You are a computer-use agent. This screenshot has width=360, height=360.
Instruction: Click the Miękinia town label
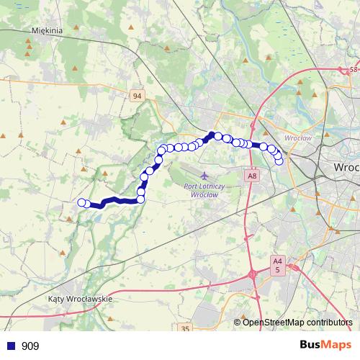click(x=48, y=31)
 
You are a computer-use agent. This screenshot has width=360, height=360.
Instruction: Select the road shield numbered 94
click(x=138, y=95)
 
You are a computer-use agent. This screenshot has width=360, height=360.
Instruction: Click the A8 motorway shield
click(x=251, y=176)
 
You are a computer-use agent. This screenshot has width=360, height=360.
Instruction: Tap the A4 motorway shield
click(x=278, y=261)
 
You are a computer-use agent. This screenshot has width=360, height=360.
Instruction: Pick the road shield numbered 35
click(x=185, y=328)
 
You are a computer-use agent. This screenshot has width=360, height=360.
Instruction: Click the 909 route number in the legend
click(x=30, y=346)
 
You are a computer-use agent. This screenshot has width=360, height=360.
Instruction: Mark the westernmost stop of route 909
click(x=82, y=202)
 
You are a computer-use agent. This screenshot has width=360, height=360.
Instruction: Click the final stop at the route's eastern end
click(x=279, y=161)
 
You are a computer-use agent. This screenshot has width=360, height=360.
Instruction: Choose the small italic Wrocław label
click(x=297, y=138)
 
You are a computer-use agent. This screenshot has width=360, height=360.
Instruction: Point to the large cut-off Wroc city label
click(x=346, y=166)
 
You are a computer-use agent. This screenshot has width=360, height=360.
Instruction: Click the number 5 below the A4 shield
click(x=278, y=269)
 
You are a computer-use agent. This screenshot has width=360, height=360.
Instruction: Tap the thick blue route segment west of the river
click(x=115, y=202)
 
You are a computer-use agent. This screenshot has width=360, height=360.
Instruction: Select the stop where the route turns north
click(x=140, y=199)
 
